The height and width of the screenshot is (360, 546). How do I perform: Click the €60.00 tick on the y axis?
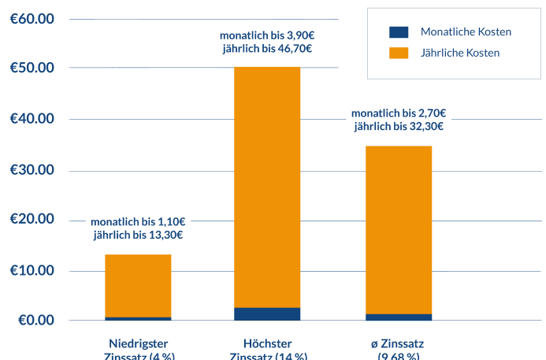click(x=32, y=18)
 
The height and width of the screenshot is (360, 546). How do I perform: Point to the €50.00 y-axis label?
click(x=32, y=68)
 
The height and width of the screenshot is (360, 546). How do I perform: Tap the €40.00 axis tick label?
click(x=32, y=119)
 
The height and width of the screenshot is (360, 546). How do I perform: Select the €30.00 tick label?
click(x=32, y=170)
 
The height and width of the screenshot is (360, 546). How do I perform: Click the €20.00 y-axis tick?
click(x=32, y=219)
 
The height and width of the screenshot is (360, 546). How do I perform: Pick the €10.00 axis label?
click(x=32, y=271)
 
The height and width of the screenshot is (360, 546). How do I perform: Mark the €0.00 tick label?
click(x=36, y=320)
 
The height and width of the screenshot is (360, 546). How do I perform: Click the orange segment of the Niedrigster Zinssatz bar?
click(x=138, y=285)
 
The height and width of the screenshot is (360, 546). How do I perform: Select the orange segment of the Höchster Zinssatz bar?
click(x=267, y=187)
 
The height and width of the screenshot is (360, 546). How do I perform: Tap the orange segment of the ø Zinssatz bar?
click(x=399, y=229)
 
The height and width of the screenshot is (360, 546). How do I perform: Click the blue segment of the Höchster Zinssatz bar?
click(x=267, y=314)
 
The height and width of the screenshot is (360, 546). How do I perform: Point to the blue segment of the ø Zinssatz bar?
click(x=399, y=317)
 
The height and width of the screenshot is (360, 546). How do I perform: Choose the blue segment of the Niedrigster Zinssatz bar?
click(x=138, y=318)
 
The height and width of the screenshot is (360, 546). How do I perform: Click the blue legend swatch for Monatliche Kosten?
click(x=399, y=32)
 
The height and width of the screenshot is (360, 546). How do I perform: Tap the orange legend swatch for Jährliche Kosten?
click(x=399, y=53)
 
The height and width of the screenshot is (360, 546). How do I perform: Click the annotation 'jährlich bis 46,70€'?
click(x=267, y=49)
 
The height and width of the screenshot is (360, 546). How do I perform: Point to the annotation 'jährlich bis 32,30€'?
click(x=399, y=126)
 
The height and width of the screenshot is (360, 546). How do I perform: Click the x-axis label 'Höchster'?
click(x=268, y=343)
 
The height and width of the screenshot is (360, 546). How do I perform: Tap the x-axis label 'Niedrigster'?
click(x=139, y=343)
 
